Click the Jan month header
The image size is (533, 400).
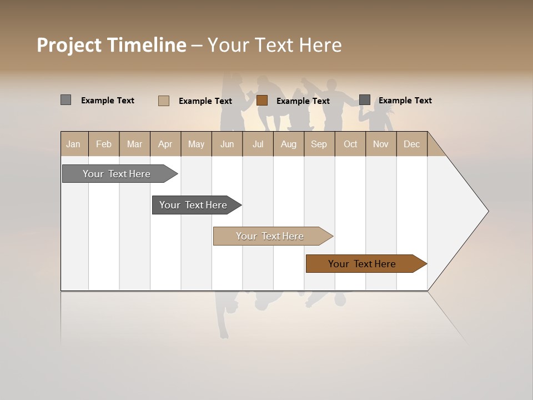pos(73,144)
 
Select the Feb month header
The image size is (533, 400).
pos(104,144)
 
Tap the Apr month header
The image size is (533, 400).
pos(165,144)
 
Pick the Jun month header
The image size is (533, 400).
pos(227,144)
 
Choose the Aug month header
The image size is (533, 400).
pos(288,144)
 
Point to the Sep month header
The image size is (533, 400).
pos(319,144)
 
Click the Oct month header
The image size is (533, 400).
pos(350,144)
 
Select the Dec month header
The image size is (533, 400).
pos(411,144)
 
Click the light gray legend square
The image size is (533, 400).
pos(66,100)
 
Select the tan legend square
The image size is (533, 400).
pos(164,101)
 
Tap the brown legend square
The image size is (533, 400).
pos(262,101)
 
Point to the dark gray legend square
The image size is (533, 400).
pos(364,100)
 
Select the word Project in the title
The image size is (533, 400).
pos(69,46)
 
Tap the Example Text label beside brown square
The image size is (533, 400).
pos(303,101)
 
